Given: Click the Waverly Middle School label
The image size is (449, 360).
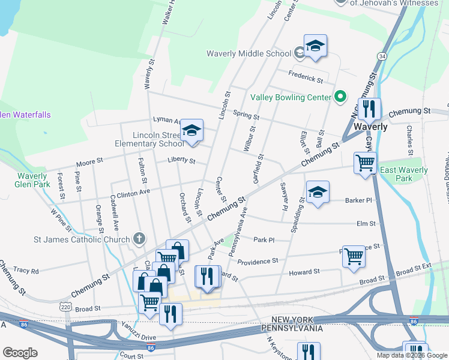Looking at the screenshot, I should coord(249,53).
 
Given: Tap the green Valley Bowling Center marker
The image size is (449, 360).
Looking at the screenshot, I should coord(340,97).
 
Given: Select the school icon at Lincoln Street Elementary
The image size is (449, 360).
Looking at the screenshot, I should coord(192,131).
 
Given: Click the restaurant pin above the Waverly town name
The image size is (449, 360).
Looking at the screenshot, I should coord(369,109).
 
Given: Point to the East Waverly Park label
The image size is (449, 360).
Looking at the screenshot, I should coord(404,174).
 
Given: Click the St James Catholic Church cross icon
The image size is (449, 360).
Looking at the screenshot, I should coord(139,239).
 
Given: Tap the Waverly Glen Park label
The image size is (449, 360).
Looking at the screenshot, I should coord(31,180).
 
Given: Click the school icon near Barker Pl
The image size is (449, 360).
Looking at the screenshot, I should coord(318,193).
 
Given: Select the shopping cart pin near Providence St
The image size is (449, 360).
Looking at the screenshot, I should coord(354,256).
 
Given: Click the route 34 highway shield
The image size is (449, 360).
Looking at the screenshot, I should coord(382,56).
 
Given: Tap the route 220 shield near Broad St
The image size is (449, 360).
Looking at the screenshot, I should coord(65,307).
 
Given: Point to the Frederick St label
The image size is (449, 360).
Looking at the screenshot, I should coord(306,77).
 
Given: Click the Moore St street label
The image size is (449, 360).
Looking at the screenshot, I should coord(90,162).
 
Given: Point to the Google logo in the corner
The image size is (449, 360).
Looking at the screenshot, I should coord(20,353).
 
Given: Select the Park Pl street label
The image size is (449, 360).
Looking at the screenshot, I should coord(264,240).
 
